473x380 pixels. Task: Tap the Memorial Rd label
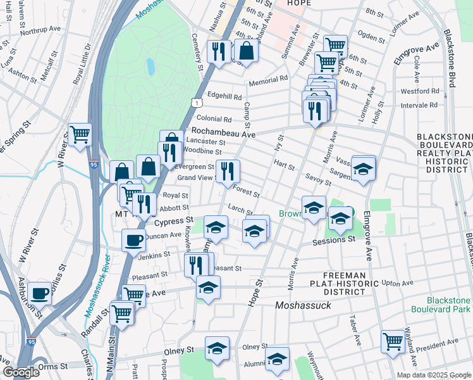[x=268, y=79]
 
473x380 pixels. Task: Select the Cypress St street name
[x=172, y=221]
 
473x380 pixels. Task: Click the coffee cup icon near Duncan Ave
[x=133, y=241]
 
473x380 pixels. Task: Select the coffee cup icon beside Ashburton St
[x=39, y=293]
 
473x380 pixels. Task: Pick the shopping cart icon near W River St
[x=80, y=134]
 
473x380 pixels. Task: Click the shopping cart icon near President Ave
[x=393, y=341]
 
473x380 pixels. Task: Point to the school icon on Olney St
[x=217, y=348]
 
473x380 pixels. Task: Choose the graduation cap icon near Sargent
[x=364, y=168]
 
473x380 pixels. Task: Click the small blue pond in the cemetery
[x=150, y=66]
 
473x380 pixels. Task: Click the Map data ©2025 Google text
[x=434, y=375]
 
